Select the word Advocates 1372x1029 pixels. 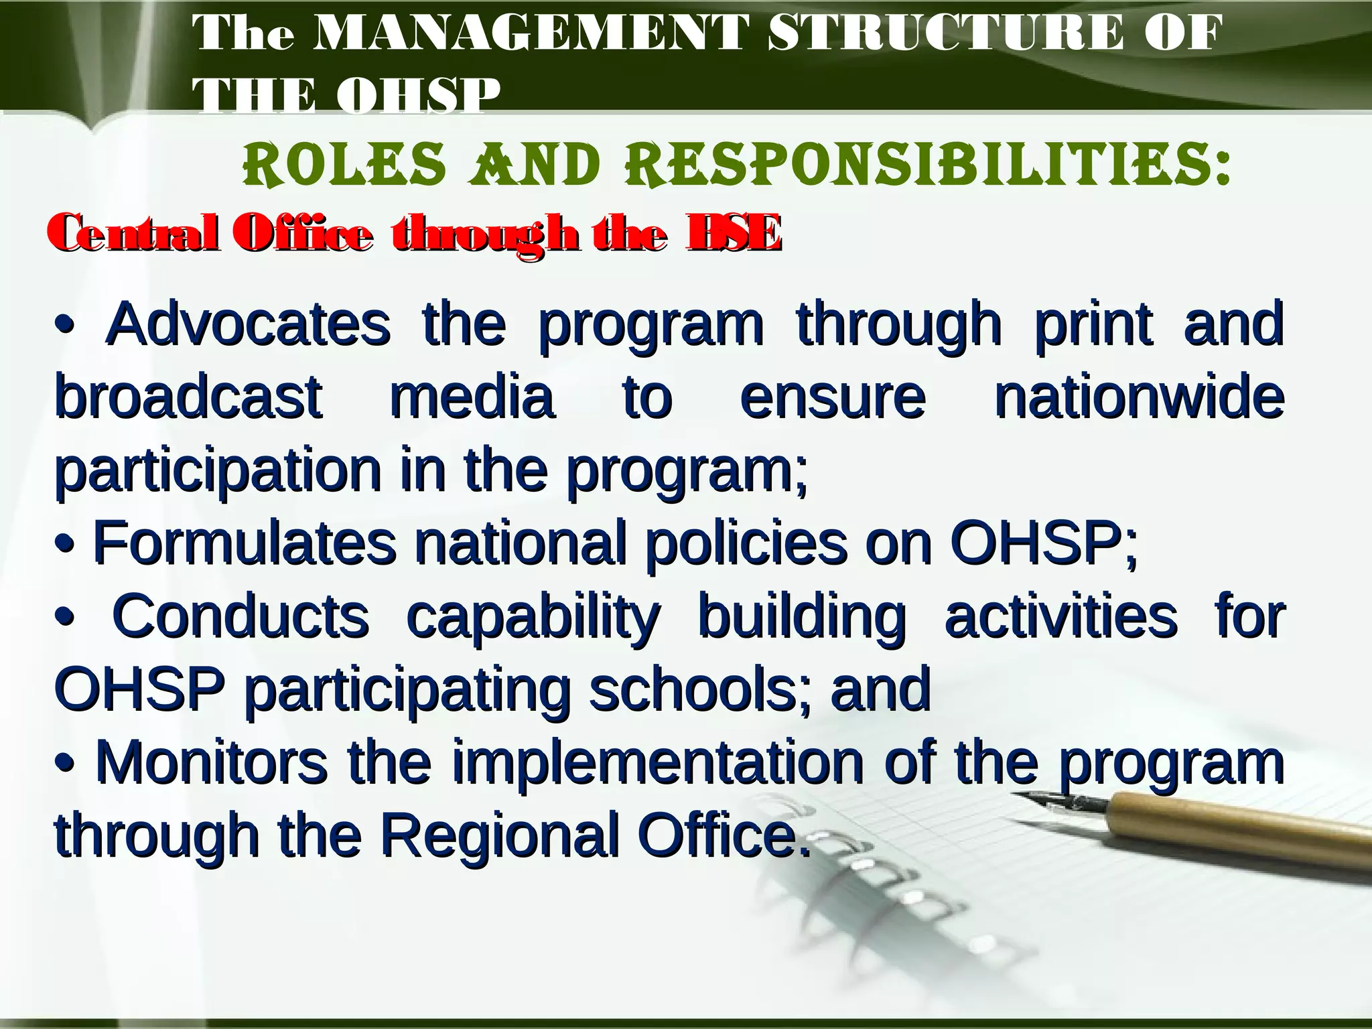(x=248, y=324)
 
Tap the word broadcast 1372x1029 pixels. (x=188, y=398)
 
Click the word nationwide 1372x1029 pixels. (x=1139, y=398)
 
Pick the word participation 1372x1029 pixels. (x=218, y=472)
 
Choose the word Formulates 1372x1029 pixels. (x=245, y=544)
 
